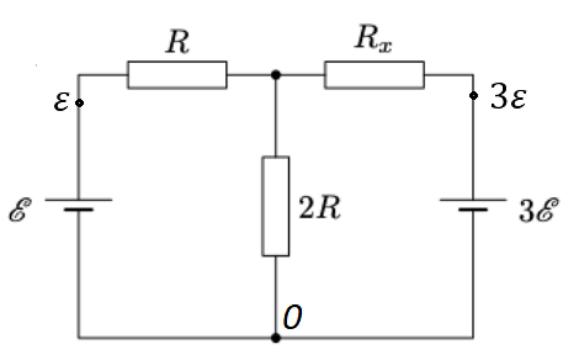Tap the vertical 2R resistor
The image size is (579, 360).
pos(276,206)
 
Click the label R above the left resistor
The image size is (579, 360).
pos(177,41)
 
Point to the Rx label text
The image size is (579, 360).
pos(373,39)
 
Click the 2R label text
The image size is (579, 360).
pos(319,207)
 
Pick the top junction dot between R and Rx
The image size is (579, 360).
pos(276,75)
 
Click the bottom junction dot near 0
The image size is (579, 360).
pos(276,338)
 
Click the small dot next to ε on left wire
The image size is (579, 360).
pos(79,103)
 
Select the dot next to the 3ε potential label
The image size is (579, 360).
pos(473,96)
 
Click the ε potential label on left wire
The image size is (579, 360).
pos(62,102)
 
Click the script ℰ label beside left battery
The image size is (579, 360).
pos(20,210)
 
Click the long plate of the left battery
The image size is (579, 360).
pos(79,200)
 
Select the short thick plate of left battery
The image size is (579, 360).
pos(79,210)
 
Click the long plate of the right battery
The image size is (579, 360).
pos(473,200)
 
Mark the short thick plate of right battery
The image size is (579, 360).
pos(473,210)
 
